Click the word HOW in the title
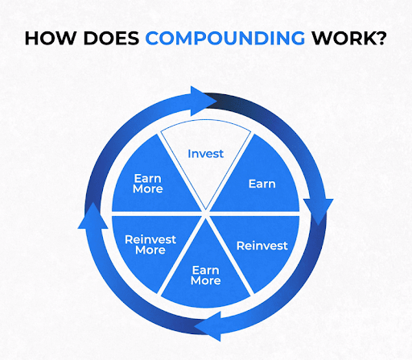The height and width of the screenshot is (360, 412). click(x=50, y=39)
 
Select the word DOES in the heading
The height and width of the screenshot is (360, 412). click(x=111, y=39)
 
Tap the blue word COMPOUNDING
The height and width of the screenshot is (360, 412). click(x=225, y=39)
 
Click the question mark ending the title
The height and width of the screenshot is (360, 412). click(x=380, y=38)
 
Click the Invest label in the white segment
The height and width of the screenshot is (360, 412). click(x=206, y=154)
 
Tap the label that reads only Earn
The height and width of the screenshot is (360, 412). click(x=262, y=184)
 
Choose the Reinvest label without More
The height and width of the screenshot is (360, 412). click(x=262, y=246)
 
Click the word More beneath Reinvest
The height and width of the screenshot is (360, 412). click(x=150, y=250)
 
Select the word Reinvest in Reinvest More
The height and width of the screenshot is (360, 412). click(x=150, y=239)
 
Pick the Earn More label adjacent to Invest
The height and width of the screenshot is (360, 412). click(x=148, y=184)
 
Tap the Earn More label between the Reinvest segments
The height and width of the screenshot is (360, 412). click(x=206, y=275)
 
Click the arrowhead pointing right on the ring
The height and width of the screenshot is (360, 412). click(x=204, y=101)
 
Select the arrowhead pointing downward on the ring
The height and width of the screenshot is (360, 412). click(x=318, y=211)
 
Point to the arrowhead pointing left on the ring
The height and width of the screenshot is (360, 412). click(x=208, y=326)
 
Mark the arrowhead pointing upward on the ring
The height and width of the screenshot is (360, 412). click(x=93, y=216)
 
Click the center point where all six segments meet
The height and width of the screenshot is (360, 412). click(x=205, y=213)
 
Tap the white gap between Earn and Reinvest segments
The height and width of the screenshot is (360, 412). click(x=254, y=213)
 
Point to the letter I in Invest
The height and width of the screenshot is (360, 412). click(x=189, y=154)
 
